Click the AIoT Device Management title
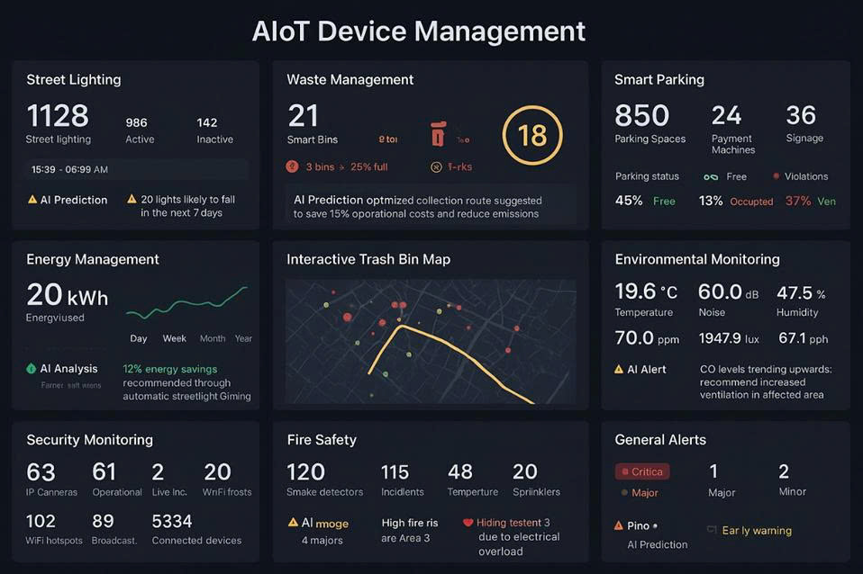click(x=419, y=31)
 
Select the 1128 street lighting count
click(x=58, y=116)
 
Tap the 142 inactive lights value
click(x=207, y=122)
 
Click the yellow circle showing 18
click(x=532, y=135)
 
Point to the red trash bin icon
click(x=439, y=134)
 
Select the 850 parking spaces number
click(x=641, y=115)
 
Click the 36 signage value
click(x=800, y=115)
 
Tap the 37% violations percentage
click(x=797, y=201)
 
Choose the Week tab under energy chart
click(x=175, y=338)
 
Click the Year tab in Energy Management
click(x=243, y=338)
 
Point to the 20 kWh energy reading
click(x=68, y=295)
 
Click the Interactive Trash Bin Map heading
click(x=368, y=259)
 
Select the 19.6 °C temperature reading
click(x=645, y=292)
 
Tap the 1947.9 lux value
click(x=729, y=338)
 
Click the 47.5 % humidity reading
click(x=801, y=293)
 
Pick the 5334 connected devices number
click(x=172, y=521)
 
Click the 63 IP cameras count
click(x=41, y=472)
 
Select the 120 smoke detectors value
click(x=305, y=472)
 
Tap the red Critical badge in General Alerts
click(x=641, y=471)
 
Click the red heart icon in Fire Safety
click(x=468, y=523)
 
